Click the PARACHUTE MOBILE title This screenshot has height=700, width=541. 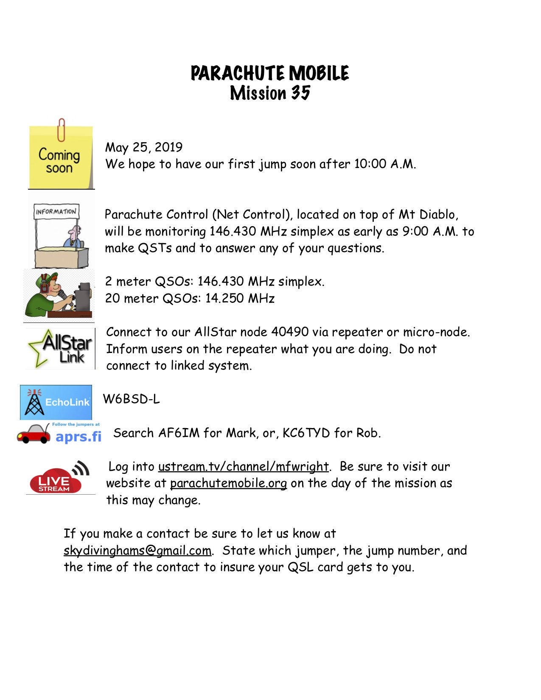point(270,73)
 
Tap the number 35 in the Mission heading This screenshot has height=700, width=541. point(300,93)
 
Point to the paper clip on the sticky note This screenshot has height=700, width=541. point(62,129)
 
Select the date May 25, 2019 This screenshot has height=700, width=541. point(144,147)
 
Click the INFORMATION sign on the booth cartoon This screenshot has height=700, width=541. point(56,211)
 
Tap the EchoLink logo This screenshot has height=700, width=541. point(56,402)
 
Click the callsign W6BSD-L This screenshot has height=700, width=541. point(132,399)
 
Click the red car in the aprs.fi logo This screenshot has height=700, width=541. point(34,434)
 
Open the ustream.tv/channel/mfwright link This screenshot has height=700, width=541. point(244,467)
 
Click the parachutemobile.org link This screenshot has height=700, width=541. point(228,484)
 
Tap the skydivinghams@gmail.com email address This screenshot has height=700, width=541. point(137,551)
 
